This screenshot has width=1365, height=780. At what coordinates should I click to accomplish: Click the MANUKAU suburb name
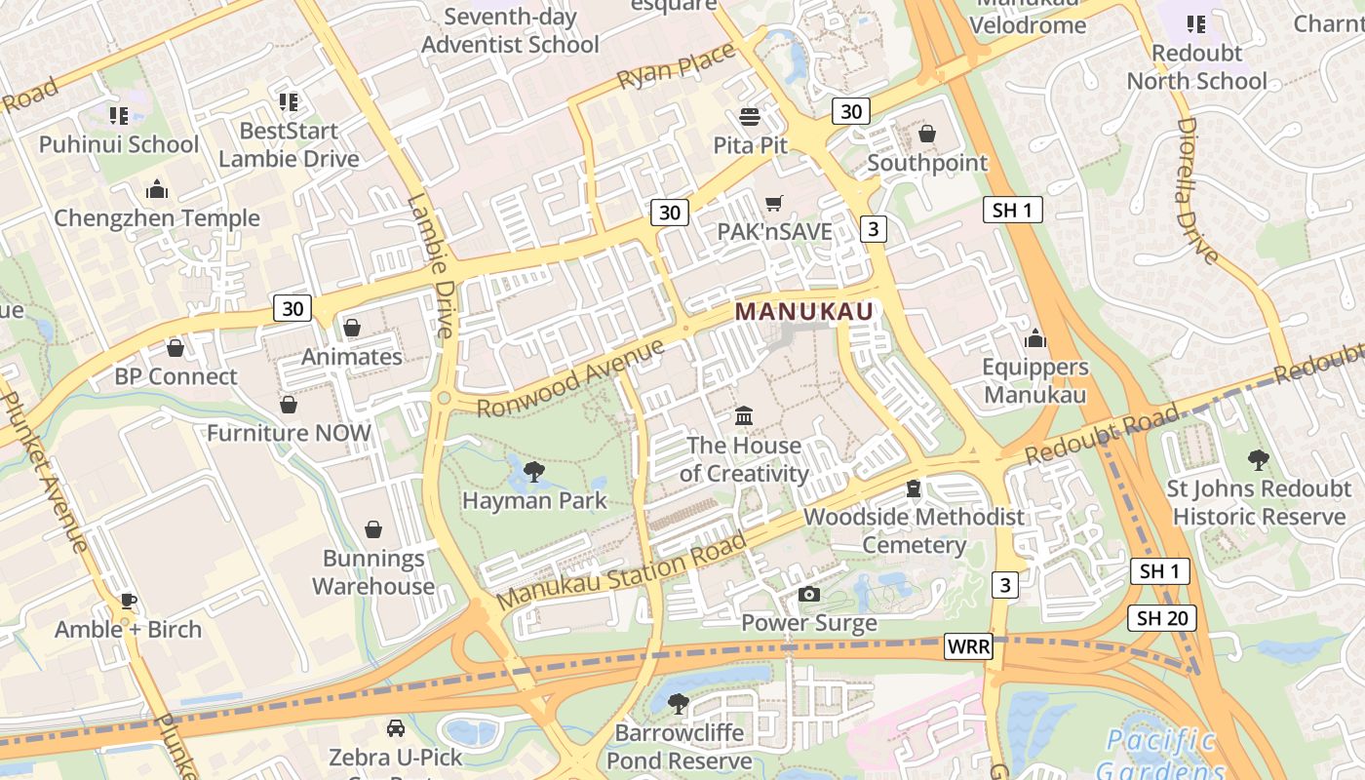(x=804, y=311)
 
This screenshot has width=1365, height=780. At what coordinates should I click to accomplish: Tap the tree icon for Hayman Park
(x=533, y=473)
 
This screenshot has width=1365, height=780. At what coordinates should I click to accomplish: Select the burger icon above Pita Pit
(x=750, y=118)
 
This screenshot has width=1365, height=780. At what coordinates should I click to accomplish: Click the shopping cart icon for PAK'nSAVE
(x=774, y=204)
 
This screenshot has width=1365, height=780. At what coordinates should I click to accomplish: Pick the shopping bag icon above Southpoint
(x=927, y=134)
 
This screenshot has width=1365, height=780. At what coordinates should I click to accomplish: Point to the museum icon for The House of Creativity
(x=744, y=416)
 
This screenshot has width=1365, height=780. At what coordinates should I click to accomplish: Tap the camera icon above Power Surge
(x=808, y=594)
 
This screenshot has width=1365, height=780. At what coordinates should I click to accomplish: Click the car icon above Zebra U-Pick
(x=395, y=728)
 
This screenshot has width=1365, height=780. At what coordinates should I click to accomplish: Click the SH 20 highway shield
(x=1160, y=617)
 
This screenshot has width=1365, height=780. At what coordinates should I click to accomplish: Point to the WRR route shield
(x=968, y=646)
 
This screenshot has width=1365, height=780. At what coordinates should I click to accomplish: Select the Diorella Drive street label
(x=1197, y=191)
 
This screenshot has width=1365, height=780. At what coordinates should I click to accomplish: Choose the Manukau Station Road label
(x=622, y=570)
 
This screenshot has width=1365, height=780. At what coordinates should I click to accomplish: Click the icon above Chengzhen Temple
(x=156, y=189)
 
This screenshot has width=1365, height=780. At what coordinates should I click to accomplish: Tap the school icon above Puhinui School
(x=119, y=117)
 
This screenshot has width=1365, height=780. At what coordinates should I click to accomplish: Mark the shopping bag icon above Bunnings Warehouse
(x=372, y=529)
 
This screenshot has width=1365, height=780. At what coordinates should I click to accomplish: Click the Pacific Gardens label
(x=1160, y=754)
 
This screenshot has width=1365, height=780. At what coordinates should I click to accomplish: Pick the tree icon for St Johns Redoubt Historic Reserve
(x=1258, y=459)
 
